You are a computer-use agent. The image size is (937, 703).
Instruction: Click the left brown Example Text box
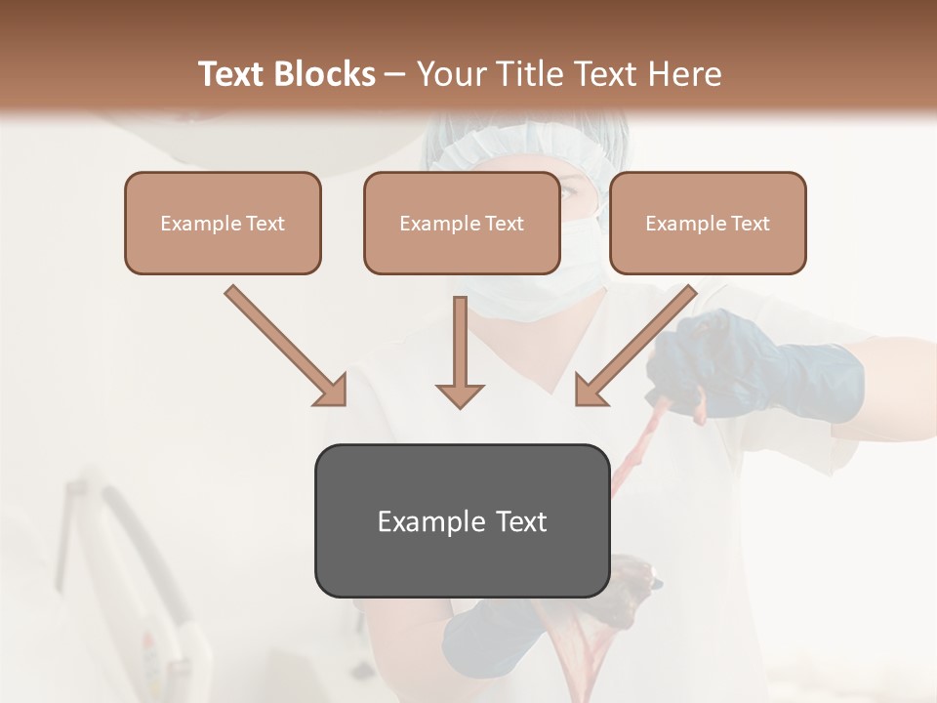click(x=223, y=223)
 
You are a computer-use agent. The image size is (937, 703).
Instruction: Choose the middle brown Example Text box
click(x=462, y=223)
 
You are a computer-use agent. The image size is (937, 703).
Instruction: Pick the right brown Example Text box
click(x=708, y=223)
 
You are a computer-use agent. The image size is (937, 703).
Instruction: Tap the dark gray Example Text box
click(x=462, y=520)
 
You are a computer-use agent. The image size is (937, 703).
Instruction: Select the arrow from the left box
click(x=286, y=346)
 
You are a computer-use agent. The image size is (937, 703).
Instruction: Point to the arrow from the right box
click(x=635, y=346)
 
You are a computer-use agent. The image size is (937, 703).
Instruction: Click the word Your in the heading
click(x=447, y=74)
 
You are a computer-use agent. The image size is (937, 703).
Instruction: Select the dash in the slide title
click(x=395, y=75)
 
